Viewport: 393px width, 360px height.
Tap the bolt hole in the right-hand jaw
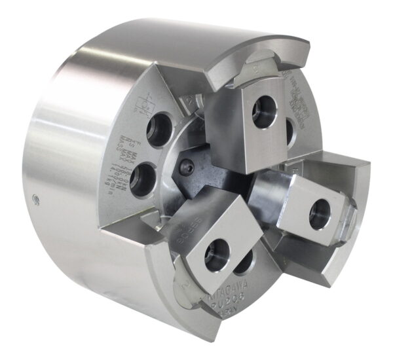click(320, 214)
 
